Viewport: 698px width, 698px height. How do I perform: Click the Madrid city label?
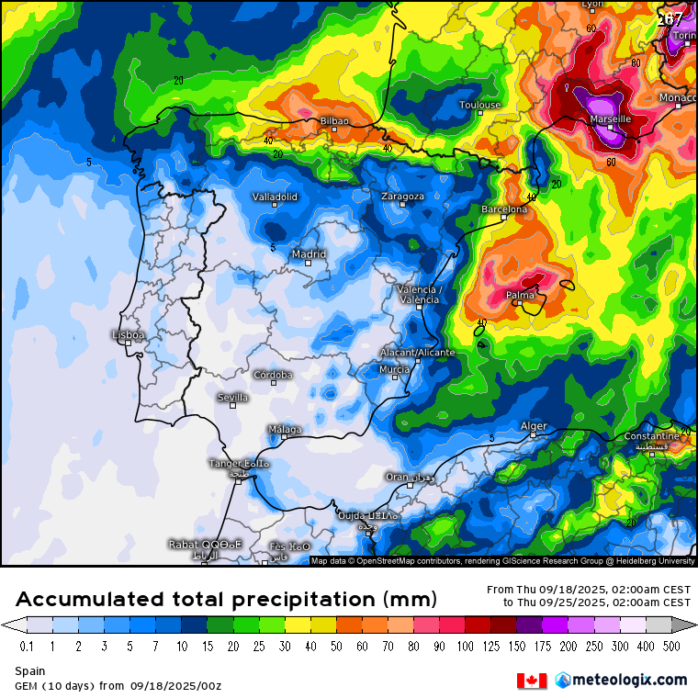309,254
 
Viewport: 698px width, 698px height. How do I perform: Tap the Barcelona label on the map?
504,209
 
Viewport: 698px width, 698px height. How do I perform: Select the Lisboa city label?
128,335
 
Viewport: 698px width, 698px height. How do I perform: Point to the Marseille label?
611,119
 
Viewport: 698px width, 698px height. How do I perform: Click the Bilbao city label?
333,121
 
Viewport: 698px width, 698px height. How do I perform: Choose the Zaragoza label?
402,197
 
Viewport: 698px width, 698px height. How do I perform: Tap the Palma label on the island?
521,296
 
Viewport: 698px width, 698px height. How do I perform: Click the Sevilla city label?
232,398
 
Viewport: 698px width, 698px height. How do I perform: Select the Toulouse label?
480,105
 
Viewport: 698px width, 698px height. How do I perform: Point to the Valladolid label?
275,197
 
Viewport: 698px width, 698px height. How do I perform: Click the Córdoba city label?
274,375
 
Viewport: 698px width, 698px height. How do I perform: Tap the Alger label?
534,426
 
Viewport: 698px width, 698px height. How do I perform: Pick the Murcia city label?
394,369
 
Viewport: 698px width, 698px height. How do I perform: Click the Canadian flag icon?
532,681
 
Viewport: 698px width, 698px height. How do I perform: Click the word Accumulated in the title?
90,600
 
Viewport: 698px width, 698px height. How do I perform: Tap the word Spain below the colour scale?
29,671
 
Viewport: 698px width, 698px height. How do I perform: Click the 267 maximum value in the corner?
670,18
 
